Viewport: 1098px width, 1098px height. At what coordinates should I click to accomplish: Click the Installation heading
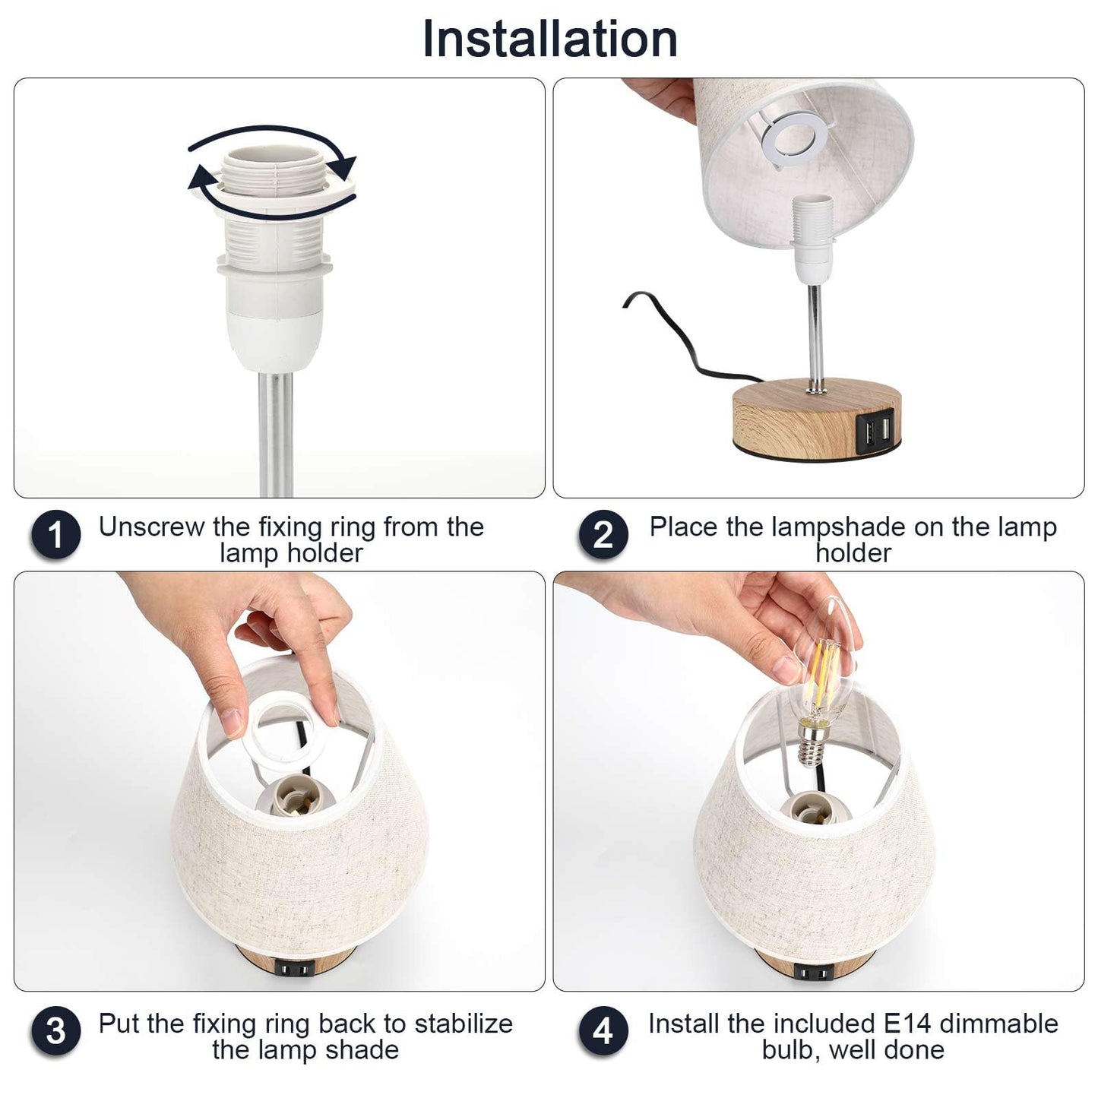(550, 39)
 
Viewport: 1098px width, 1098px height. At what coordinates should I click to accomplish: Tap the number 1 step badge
(55, 534)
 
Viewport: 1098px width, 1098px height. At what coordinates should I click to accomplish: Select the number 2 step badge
(603, 534)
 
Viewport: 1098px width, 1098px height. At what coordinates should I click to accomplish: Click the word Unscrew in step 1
(151, 527)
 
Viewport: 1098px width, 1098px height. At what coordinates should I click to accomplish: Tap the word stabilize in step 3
(464, 1024)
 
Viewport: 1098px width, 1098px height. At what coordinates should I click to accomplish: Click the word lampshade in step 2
(840, 527)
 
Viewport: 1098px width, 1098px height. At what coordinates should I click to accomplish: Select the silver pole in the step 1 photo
(276, 435)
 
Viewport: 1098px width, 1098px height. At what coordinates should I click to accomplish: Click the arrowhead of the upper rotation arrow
(343, 166)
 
